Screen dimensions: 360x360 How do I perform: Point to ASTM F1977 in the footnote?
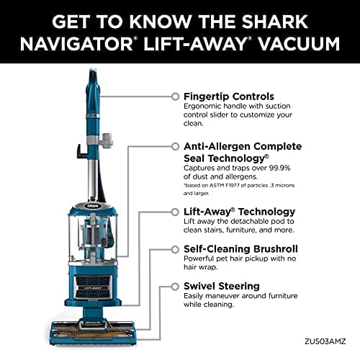pyautogui.click(x=222, y=185)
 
